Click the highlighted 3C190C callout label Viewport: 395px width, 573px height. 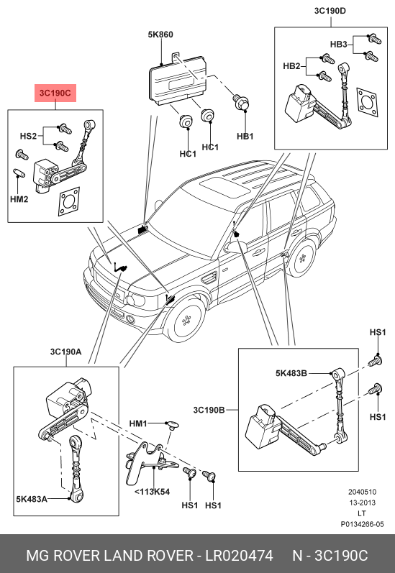click(x=55, y=93)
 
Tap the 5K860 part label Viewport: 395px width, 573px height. click(x=160, y=35)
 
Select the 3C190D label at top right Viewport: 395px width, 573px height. click(x=330, y=11)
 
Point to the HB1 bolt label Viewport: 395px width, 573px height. click(x=245, y=137)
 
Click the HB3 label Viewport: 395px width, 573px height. click(x=338, y=45)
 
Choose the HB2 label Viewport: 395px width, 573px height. click(x=291, y=66)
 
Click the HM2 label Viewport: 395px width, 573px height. click(x=19, y=199)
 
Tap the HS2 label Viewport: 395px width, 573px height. click(x=28, y=137)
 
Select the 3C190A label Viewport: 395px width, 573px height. click(x=66, y=352)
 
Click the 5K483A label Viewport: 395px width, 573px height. click(x=32, y=499)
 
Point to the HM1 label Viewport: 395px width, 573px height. click(x=138, y=423)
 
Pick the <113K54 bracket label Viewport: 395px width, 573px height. click(x=152, y=492)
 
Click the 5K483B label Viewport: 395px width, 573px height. click(x=291, y=373)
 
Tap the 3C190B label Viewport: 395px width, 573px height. click(x=209, y=410)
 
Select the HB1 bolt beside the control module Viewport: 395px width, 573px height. click(x=240, y=102)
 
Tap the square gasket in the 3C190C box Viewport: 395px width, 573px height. click(x=69, y=201)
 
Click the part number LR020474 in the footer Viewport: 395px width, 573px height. click(x=239, y=556)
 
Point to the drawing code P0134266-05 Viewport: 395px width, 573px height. click(x=363, y=524)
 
